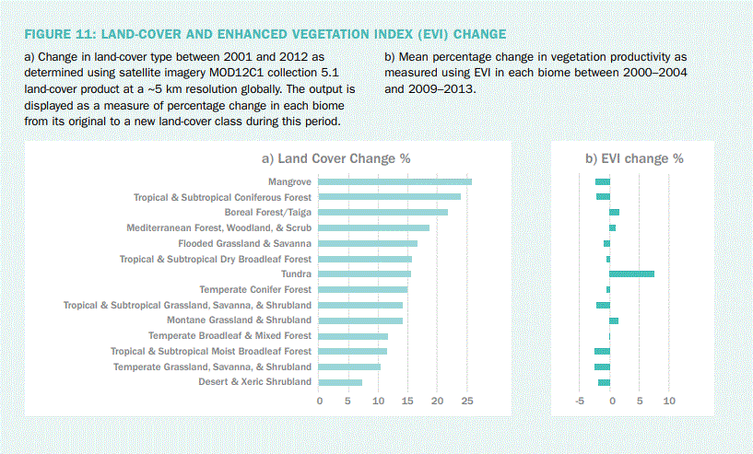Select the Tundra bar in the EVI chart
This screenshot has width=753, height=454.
[x=631, y=274]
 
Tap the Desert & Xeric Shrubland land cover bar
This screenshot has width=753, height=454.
[x=340, y=382]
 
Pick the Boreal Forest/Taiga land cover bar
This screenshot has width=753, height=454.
[x=382, y=213]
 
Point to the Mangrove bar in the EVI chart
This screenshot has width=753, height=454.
[x=602, y=181]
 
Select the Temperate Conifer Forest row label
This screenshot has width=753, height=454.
[x=255, y=289]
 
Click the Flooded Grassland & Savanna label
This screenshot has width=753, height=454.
[x=244, y=243]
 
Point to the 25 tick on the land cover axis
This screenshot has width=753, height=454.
[x=466, y=402]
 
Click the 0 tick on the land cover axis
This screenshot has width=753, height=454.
[x=319, y=402]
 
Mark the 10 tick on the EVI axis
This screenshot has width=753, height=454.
[x=669, y=402]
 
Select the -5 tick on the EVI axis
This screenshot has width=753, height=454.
[x=580, y=402]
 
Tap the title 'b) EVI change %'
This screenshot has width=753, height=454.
[x=634, y=158]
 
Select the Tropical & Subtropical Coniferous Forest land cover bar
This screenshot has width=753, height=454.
[x=389, y=197]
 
